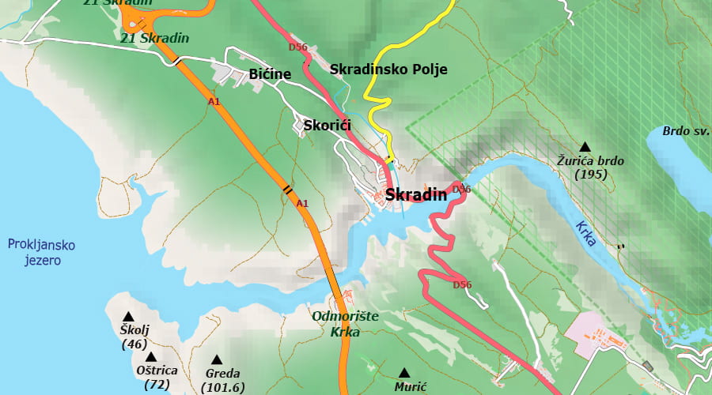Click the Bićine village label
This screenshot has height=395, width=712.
click(270, 74)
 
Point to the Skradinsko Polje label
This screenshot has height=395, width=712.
click(388, 70)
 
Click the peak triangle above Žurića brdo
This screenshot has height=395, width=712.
click(585, 146)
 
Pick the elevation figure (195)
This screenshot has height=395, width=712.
click(591, 174)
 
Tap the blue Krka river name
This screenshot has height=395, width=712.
click(585, 232)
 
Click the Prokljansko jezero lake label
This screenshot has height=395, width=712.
click(35, 252)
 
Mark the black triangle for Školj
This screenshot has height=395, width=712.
click(128, 317)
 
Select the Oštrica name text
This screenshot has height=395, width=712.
click(157, 370)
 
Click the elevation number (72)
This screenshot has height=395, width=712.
click(157, 385)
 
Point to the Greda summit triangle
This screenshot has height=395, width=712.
click(216, 359)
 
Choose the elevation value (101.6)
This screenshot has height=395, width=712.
click(223, 387)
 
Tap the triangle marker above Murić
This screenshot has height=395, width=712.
click(404, 373)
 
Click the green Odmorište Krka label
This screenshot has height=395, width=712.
click(346, 324)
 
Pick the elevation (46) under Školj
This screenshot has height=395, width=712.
click(134, 344)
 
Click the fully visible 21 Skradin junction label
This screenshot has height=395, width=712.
click(155, 38)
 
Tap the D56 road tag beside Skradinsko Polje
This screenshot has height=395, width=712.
click(297, 47)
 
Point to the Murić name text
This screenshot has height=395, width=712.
click(411, 387)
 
